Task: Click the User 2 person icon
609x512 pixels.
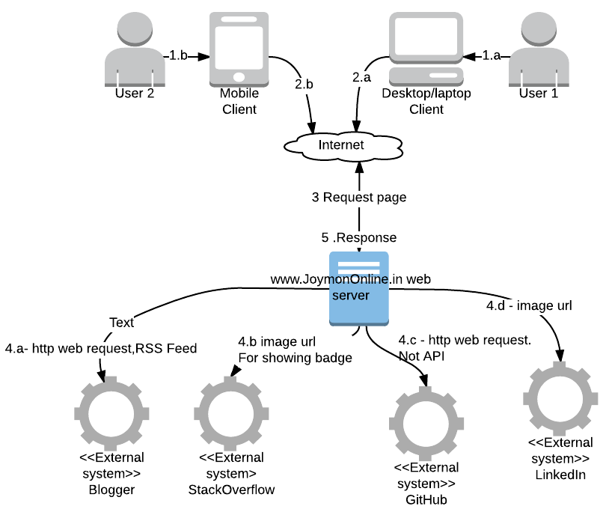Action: point(135,51)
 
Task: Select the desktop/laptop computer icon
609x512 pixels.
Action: point(426,49)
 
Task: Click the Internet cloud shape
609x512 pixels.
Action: point(341,145)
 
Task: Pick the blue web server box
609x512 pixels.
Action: point(359,288)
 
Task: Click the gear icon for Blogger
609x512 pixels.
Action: point(111,412)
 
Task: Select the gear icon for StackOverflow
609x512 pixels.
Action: point(230,412)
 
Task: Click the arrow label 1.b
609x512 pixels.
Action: point(178,55)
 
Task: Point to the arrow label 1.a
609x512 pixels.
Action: point(492,55)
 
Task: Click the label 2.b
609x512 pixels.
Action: point(304,84)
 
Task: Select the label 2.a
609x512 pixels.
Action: point(361,76)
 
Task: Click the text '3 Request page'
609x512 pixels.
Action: point(359,198)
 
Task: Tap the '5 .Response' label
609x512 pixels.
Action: point(359,237)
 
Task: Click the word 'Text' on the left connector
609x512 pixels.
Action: point(121,323)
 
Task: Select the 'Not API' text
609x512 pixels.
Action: point(422,356)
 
